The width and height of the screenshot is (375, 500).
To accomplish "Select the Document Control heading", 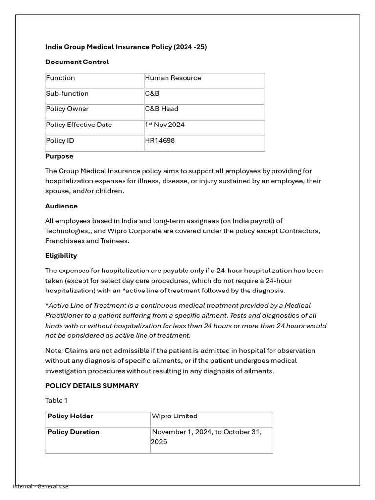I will coord(77,62).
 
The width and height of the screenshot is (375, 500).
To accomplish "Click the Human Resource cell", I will coord(173,78).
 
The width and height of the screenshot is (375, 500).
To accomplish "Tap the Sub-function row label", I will coord(67,94).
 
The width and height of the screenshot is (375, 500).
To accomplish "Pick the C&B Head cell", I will coord(162,109).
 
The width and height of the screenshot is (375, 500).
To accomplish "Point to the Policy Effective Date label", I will coord(79,125).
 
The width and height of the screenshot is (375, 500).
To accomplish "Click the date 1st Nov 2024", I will coord(165,125).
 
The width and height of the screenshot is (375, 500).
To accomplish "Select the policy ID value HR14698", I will coord(160,141).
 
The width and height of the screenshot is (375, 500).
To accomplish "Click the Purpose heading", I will coord(60,156).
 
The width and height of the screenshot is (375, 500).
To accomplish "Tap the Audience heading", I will coord(62,206).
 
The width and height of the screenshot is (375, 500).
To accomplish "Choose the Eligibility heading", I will coord(61,256).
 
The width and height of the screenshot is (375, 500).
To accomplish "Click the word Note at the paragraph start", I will coord(54,351).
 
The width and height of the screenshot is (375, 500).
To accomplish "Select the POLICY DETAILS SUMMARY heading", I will coord(92,386).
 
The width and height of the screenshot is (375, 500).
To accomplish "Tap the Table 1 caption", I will coord(57,401).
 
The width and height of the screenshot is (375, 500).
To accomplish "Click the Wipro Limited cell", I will coord(175,417).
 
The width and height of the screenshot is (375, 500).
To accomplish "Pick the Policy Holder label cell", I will coord(70,417).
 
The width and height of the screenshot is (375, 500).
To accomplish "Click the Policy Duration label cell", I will coord(73,432).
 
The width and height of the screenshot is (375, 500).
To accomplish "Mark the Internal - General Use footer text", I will coord(41,486).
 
